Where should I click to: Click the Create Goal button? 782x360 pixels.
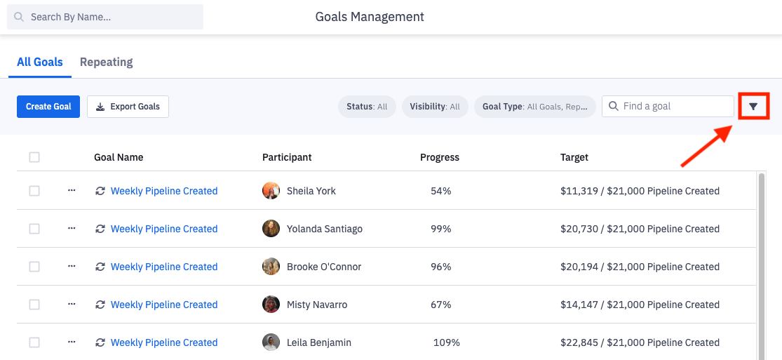click(x=48, y=107)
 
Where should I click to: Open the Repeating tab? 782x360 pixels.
click(x=106, y=62)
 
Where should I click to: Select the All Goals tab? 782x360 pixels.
click(x=40, y=62)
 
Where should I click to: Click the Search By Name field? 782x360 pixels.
click(x=105, y=17)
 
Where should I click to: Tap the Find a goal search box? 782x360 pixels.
click(x=668, y=106)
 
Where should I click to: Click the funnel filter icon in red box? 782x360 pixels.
click(x=753, y=107)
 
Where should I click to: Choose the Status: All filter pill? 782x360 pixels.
click(x=367, y=107)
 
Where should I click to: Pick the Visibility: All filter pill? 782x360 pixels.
click(x=435, y=107)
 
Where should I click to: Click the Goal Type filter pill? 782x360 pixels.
click(x=534, y=107)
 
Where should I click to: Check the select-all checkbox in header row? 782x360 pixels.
click(x=34, y=157)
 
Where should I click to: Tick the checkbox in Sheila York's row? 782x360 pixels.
click(x=34, y=191)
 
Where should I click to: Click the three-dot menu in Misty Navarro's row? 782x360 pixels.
click(x=72, y=305)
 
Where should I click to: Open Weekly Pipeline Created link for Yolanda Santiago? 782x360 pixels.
click(x=164, y=229)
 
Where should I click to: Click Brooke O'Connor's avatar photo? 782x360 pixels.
click(x=271, y=267)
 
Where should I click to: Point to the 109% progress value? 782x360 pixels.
click(x=446, y=342)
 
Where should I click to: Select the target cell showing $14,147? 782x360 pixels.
click(x=640, y=305)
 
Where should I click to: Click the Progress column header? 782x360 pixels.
click(x=440, y=157)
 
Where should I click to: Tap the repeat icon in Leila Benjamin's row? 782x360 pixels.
click(x=100, y=342)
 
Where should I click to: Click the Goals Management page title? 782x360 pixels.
click(x=370, y=17)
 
